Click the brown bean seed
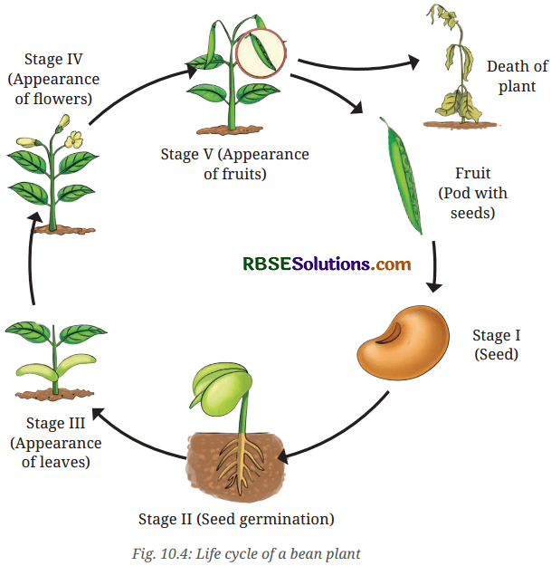(404, 342)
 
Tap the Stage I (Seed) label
(496, 345)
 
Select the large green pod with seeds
(402, 176)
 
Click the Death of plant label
(518, 76)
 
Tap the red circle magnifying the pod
(261, 53)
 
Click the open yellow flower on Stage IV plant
(74, 139)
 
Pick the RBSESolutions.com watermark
(327, 264)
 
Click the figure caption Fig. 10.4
(246, 553)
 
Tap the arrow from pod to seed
(434, 266)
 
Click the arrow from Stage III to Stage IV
(32, 258)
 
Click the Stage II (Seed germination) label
(236, 519)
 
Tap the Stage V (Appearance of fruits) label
(234, 164)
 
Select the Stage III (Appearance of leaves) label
(56, 442)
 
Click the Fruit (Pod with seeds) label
(473, 193)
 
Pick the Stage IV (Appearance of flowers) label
(53, 79)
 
